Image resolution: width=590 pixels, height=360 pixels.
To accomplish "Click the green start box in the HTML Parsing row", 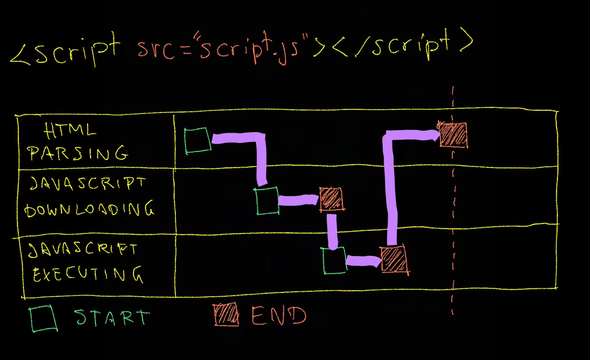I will [x=198, y=140].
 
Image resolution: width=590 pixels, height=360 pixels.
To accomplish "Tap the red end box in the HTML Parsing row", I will [x=453, y=135].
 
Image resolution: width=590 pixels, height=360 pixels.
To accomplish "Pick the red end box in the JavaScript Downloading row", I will [x=331, y=199].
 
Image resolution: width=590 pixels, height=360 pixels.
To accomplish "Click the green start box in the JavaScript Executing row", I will [x=334, y=260].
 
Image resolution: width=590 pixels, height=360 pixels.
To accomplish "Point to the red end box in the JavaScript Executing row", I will [x=394, y=259].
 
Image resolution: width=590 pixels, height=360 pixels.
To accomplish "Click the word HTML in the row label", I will [x=70, y=130].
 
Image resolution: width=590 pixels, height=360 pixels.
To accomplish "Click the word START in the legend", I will [x=112, y=317].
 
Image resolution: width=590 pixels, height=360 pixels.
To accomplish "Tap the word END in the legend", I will [x=279, y=316].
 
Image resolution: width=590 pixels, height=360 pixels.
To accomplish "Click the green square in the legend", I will [x=43, y=319].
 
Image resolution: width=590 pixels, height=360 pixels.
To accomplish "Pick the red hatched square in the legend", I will [x=226, y=314].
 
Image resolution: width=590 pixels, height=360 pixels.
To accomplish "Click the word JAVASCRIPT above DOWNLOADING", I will [x=88, y=183].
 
